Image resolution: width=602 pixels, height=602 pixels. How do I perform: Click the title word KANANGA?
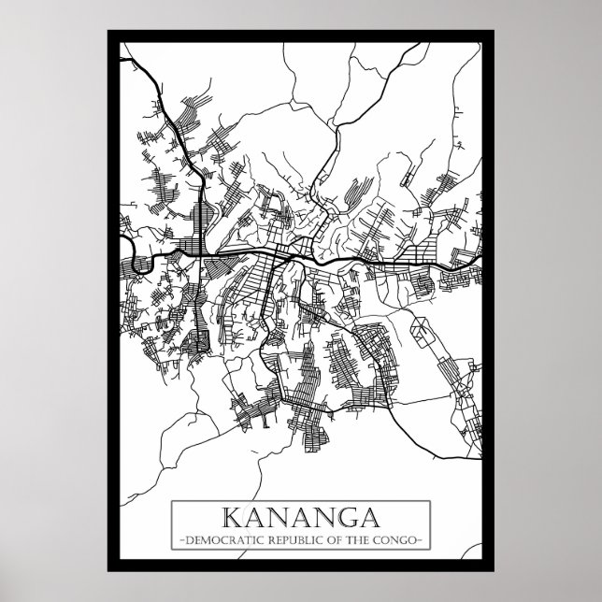[300, 518]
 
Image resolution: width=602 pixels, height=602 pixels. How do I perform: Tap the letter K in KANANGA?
[230, 518]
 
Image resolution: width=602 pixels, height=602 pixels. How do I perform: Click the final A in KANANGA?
[371, 518]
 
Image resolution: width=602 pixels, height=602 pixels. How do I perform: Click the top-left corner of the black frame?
[109, 32]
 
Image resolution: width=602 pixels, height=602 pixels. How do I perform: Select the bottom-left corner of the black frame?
[109, 571]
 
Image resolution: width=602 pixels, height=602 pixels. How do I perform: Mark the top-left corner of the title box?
[171, 502]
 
